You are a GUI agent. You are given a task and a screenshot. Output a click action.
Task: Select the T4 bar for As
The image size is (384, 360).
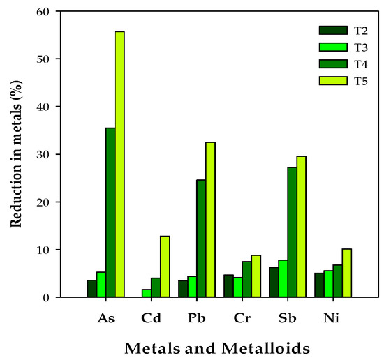click(110, 213)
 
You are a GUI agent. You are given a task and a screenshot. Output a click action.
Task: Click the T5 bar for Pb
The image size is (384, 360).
click(210, 220)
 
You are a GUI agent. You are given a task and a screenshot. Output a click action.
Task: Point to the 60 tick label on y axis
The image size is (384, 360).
click(45, 12)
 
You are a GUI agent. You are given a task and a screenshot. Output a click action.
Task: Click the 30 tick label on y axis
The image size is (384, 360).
click(45, 154)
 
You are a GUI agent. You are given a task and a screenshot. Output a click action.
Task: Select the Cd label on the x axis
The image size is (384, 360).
click(151, 317)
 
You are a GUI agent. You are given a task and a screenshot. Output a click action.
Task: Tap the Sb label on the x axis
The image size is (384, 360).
click(287, 317)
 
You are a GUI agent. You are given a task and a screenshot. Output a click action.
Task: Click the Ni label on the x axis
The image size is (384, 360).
click(333, 317)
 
